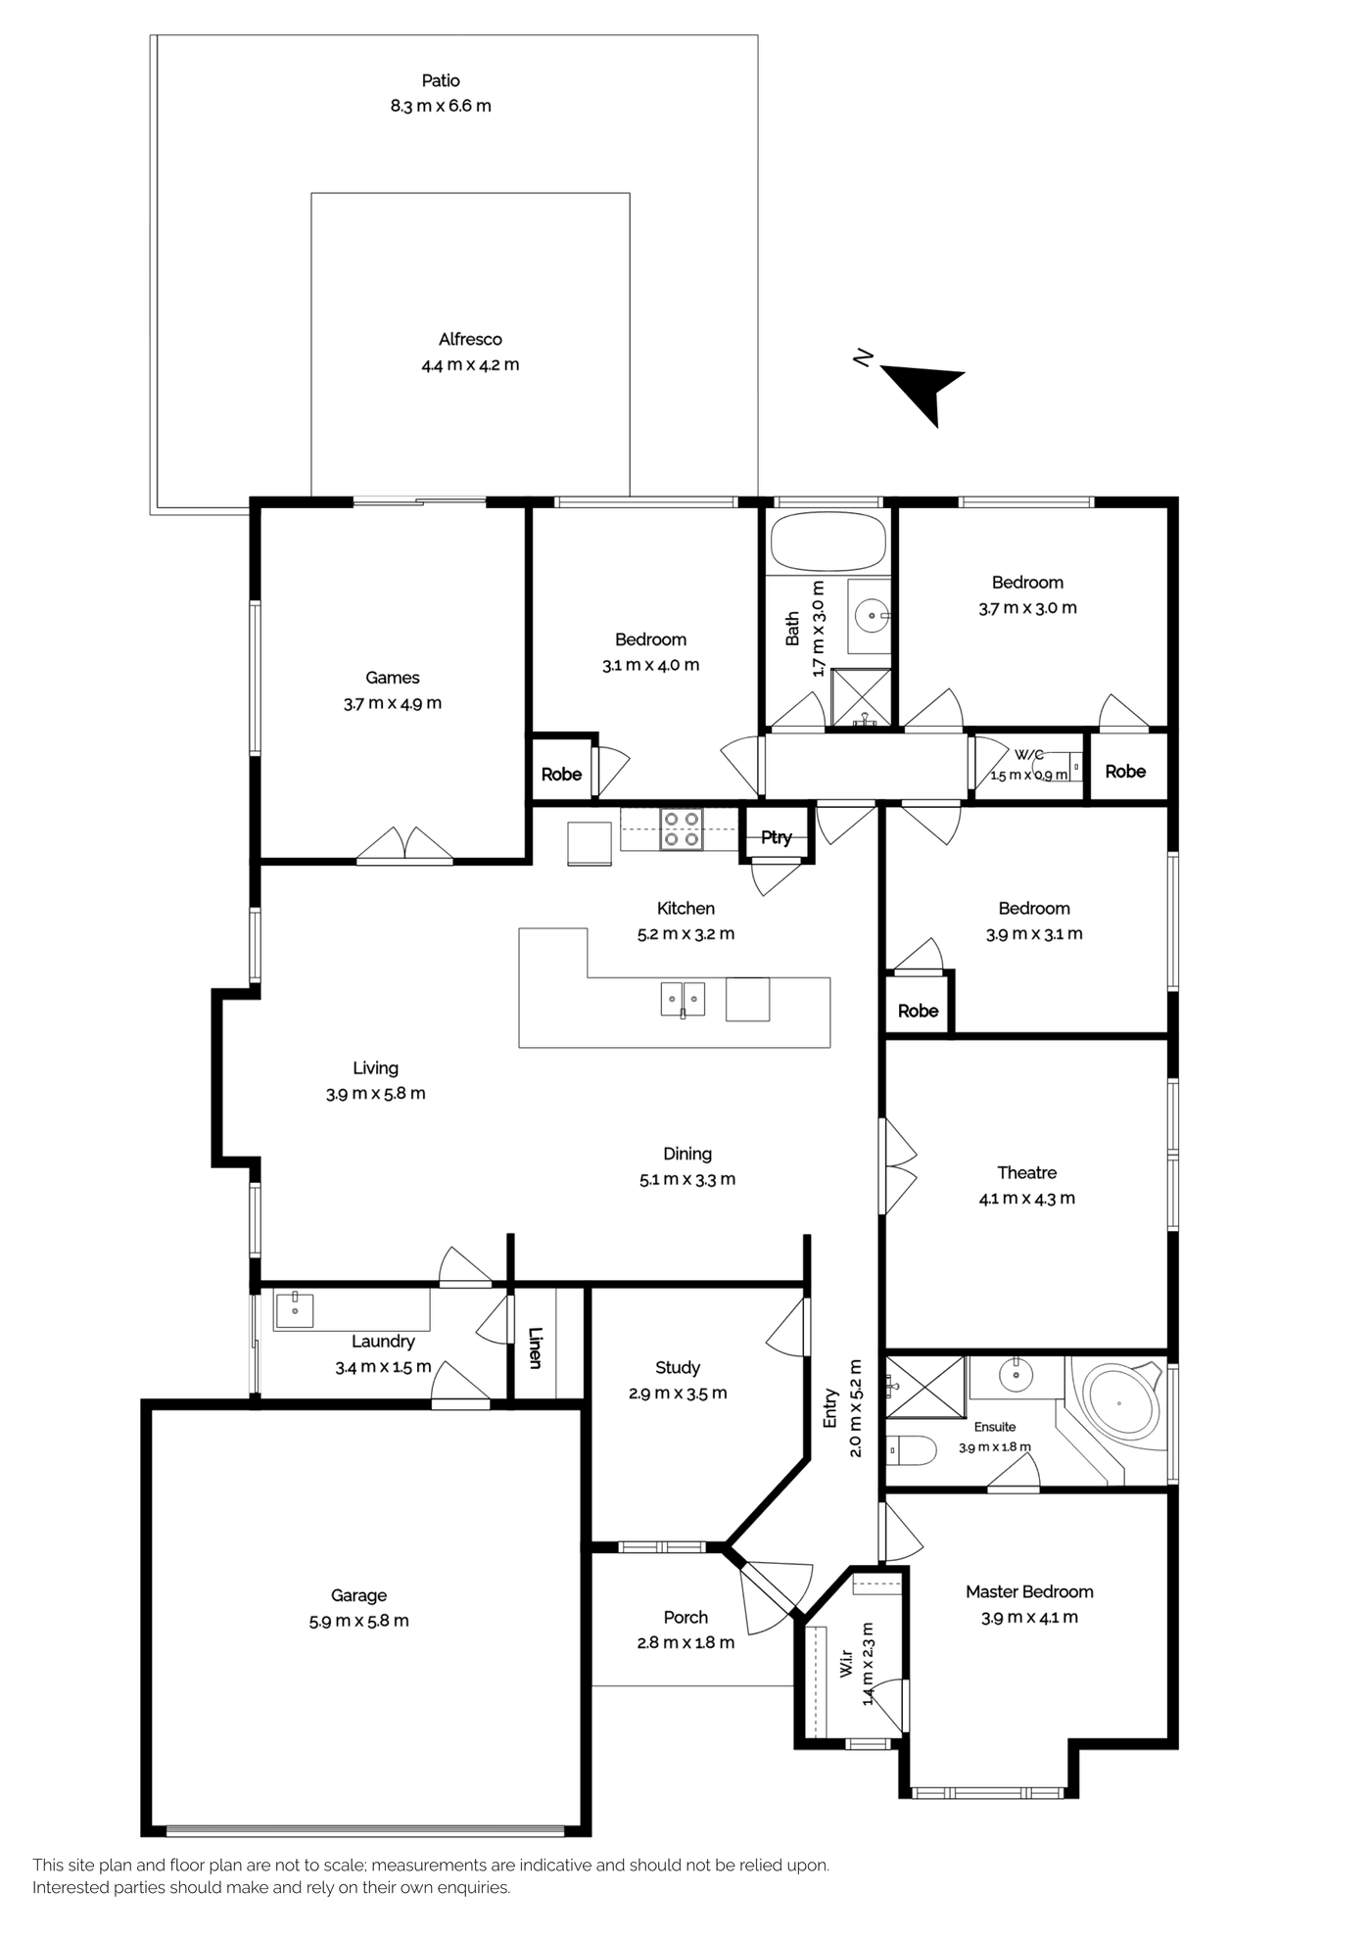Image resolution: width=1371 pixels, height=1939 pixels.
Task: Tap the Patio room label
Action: (441, 80)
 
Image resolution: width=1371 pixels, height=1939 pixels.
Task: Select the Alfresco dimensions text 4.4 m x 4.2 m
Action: (470, 365)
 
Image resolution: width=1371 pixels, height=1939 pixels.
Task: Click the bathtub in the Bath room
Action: (827, 541)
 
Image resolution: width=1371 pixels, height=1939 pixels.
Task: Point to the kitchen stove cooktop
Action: (681, 828)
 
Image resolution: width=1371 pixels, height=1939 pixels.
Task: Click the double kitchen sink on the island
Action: (683, 999)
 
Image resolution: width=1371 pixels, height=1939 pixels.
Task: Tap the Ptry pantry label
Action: (777, 837)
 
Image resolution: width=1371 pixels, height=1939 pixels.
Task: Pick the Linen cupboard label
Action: (535, 1347)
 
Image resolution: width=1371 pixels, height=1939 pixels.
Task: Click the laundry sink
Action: (294, 1308)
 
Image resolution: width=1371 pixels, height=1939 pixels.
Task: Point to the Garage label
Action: (358, 1595)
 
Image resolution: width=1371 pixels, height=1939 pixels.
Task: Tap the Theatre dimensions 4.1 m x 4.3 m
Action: (1027, 1199)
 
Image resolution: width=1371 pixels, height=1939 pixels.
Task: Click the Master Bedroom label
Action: (1029, 1592)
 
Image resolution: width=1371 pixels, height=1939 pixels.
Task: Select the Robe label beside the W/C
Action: (1125, 772)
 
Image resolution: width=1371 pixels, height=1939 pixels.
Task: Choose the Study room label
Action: (678, 1368)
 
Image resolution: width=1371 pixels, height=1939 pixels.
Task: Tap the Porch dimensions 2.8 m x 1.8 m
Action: (685, 1643)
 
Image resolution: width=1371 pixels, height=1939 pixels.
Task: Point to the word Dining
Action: (687, 1155)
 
